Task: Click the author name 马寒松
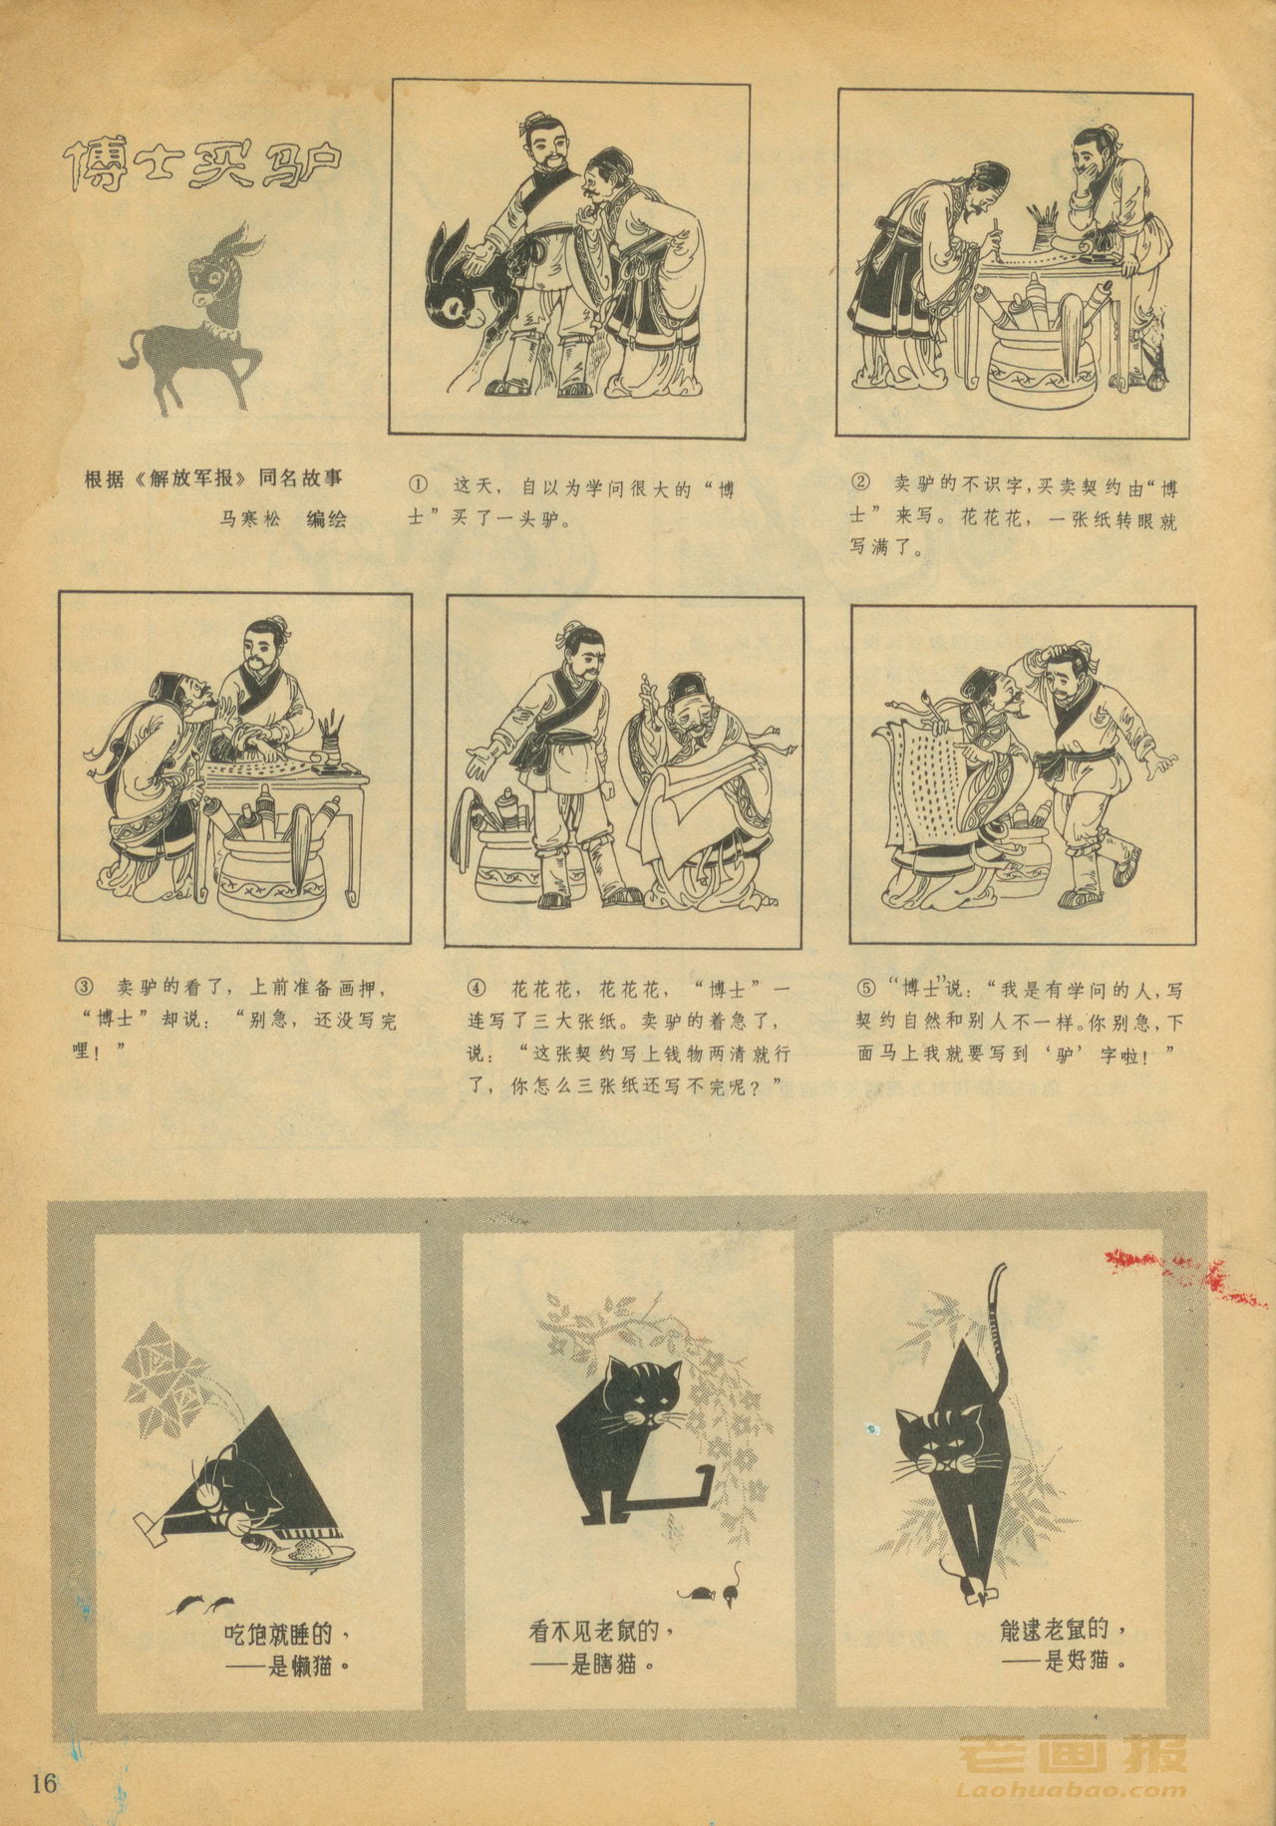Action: (x=252, y=518)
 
